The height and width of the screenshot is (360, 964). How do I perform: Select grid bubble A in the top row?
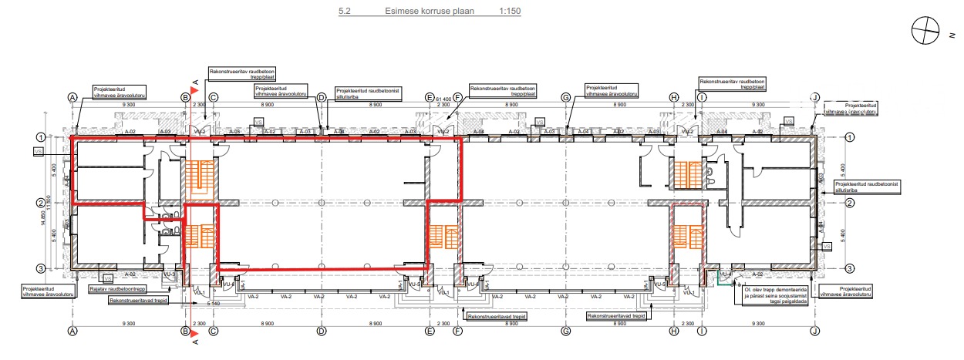(x=72, y=98)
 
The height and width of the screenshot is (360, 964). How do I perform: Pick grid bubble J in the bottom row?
(x=815, y=331)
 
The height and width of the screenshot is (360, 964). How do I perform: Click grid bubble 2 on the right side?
(x=850, y=204)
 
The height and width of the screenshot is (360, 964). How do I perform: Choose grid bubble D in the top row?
(x=322, y=98)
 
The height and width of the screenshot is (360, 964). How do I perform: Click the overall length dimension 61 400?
(x=443, y=99)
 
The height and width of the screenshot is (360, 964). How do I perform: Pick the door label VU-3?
(x=170, y=274)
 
